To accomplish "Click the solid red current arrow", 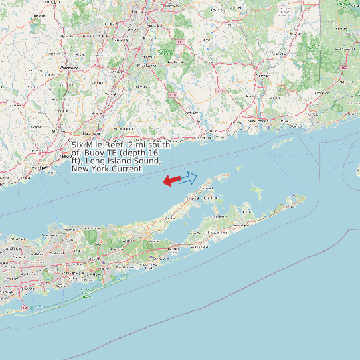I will pos(171,180).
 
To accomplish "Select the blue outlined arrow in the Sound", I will pos(188,177).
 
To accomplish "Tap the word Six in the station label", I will pos(78,145).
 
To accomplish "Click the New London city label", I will pos(258,121).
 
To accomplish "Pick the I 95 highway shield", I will pos(344,68).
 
